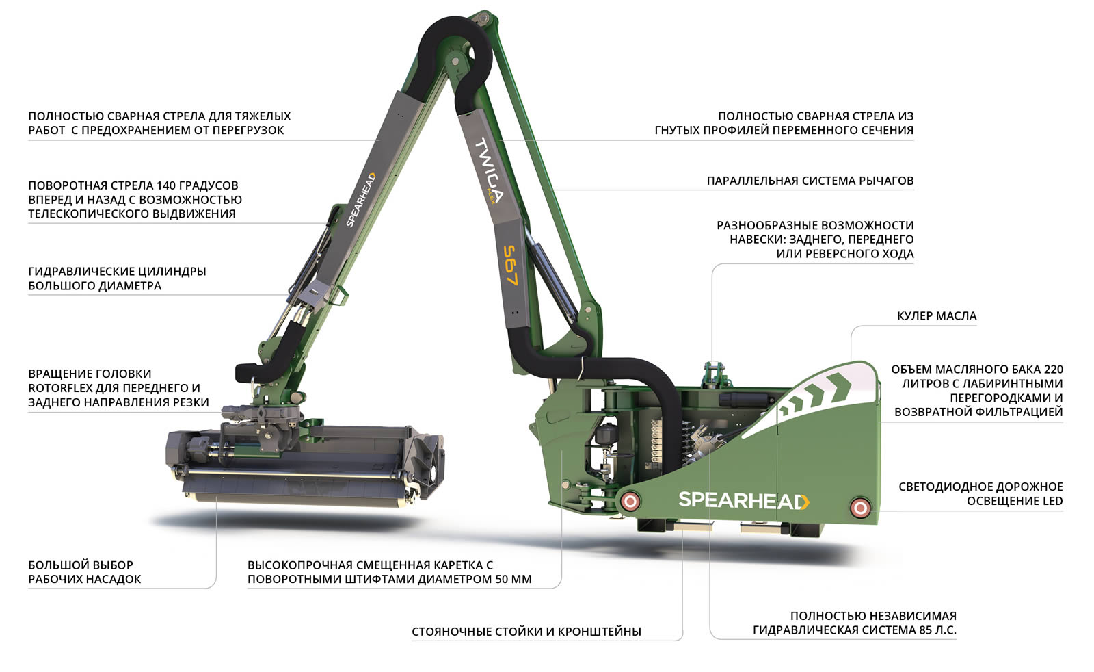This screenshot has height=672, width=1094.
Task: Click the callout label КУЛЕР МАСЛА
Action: (936, 316)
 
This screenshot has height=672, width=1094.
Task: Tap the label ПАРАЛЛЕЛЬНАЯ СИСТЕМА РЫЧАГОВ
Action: (810, 181)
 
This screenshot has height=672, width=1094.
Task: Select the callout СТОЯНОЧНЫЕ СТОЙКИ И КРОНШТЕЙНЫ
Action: (526, 632)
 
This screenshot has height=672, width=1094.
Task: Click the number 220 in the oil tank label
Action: (1054, 370)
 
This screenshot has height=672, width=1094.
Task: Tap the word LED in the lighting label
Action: (1052, 501)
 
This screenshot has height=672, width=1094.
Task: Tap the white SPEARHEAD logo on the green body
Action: (743, 500)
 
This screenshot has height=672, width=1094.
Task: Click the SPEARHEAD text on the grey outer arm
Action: (360, 200)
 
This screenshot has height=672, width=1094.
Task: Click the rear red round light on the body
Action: (860, 508)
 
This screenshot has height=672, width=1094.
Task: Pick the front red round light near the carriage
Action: (630, 502)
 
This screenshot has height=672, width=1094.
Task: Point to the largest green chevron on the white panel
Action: (841, 387)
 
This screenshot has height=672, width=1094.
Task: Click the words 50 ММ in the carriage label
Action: (515, 579)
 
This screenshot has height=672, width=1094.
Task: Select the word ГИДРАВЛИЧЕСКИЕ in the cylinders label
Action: (79, 272)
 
